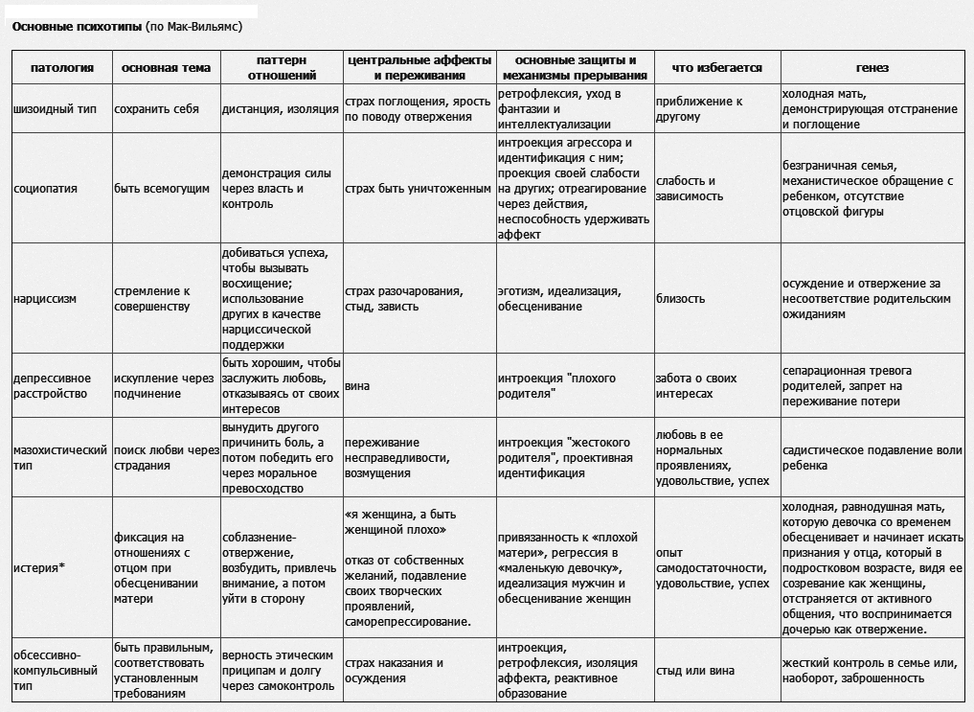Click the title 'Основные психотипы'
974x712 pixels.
[77, 27]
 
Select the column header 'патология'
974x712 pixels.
[62, 68]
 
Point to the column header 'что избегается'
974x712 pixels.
[716, 68]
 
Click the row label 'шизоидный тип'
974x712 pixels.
[57, 109]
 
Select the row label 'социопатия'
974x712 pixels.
[47, 189]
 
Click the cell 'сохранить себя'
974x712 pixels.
[156, 109]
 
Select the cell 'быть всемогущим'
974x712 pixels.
[162, 189]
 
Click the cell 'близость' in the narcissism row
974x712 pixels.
[680, 298]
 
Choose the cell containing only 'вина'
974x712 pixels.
[357, 386]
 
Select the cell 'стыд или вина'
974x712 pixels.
[695, 671]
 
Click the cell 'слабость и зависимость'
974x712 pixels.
[685, 189]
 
